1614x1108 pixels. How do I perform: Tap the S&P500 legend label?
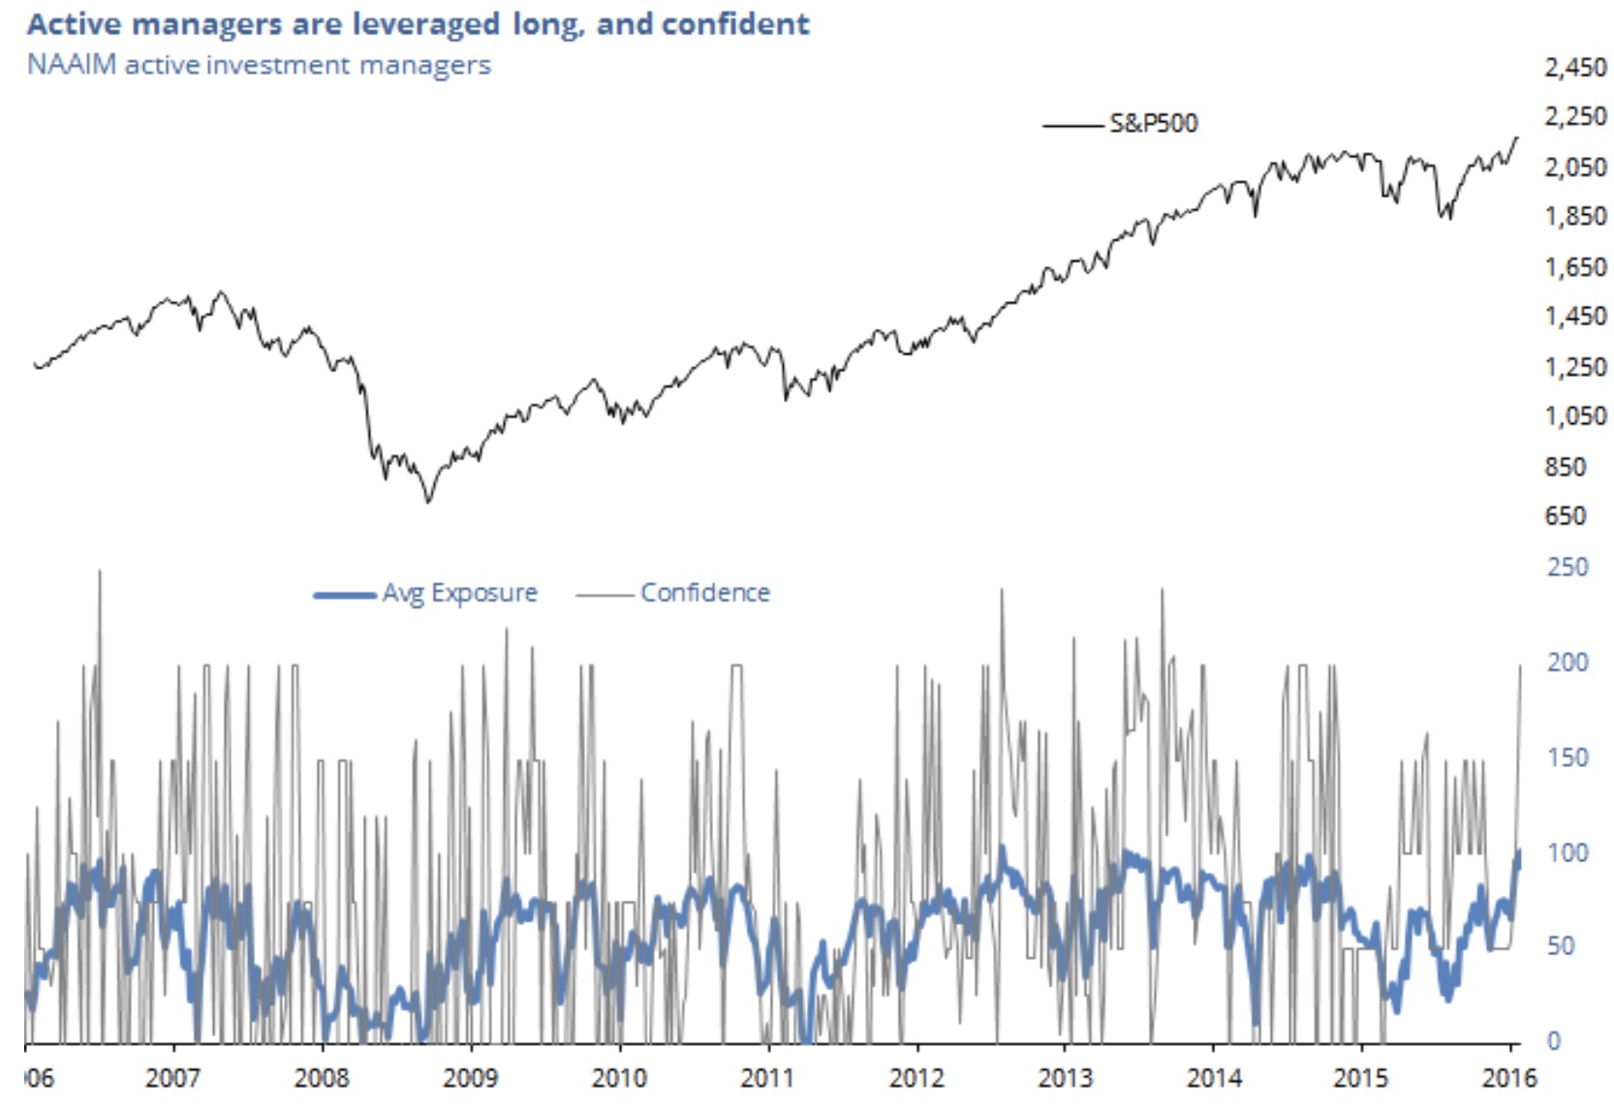coord(1153,123)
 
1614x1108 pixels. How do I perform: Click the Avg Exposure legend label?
coord(459,593)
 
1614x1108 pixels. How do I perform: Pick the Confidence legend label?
coord(705,593)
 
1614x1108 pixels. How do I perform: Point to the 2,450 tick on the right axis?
coord(1575,68)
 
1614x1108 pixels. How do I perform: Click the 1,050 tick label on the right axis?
coord(1575,416)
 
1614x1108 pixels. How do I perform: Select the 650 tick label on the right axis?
coord(1566,516)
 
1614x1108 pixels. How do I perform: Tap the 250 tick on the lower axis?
coord(1567,567)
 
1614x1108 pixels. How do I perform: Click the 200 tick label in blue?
coord(1567,662)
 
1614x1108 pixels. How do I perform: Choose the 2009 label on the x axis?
coord(470,1077)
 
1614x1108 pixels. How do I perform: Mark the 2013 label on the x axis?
coord(1065,1077)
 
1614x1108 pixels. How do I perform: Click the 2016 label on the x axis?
coord(1509,1077)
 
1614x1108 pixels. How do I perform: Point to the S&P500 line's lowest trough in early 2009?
coord(428,502)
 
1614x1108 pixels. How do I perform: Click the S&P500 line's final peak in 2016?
coord(1517,138)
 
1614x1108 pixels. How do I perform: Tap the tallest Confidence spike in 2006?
coord(100,571)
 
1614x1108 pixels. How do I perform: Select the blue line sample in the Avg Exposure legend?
coord(344,595)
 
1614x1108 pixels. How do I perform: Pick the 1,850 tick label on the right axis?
coord(1575,216)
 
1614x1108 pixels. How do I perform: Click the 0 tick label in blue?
coord(1554,1041)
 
